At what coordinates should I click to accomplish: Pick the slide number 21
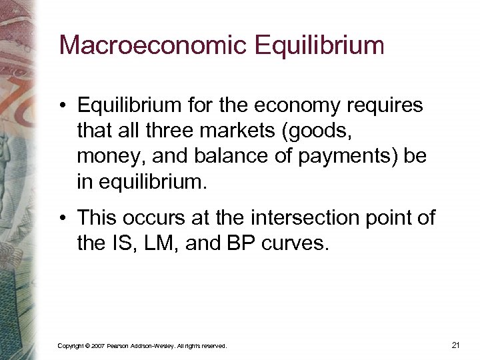(456, 345)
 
